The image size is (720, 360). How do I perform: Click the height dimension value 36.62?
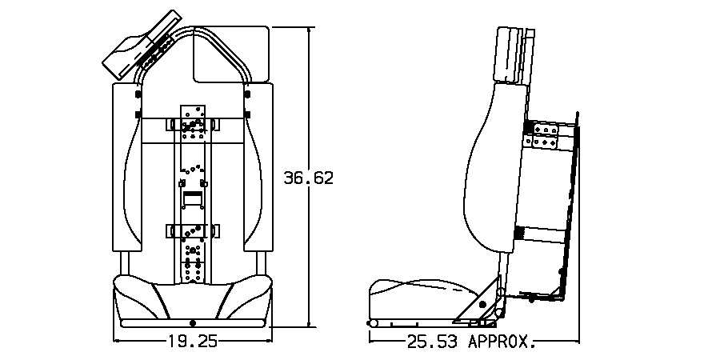pos(309,178)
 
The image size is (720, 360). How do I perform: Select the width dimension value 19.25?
pos(192,341)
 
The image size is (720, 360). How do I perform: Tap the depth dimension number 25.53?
pos(432,342)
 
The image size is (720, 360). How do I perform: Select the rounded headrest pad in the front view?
pos(231,52)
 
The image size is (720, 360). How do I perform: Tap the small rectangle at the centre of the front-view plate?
pos(192,195)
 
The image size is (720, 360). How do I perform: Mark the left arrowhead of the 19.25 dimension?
pos(119,341)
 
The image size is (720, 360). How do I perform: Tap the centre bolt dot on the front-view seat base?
pos(192,322)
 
